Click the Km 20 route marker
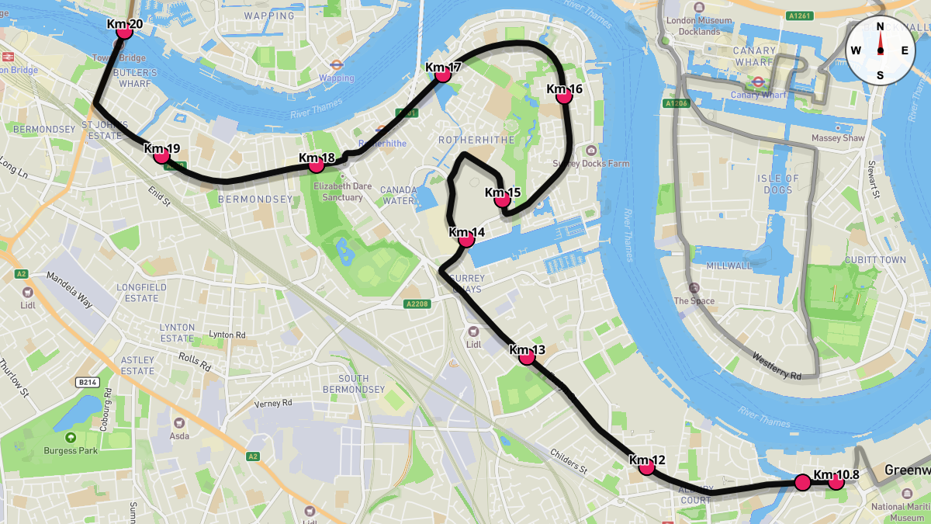(124, 32)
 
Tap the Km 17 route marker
(443, 75)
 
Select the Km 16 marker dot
(564, 96)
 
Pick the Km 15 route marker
(502, 200)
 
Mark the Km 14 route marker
(466, 239)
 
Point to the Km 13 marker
(527, 357)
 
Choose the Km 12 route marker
(646, 467)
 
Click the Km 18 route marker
(317, 165)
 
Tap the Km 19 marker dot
(161, 155)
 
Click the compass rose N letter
(881, 26)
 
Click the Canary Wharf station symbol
(753, 81)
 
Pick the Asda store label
(179, 436)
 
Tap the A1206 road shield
(677, 103)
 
